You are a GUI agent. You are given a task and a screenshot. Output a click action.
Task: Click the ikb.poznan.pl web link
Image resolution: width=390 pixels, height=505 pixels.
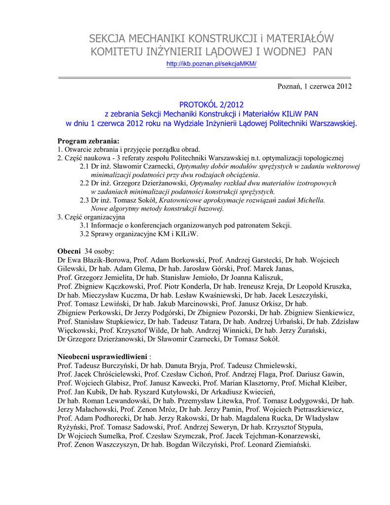tap(212, 64)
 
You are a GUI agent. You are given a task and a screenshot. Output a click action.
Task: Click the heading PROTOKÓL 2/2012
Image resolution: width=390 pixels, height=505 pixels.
tap(212, 105)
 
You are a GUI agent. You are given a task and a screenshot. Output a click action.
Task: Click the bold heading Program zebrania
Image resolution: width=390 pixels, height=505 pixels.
tap(88, 141)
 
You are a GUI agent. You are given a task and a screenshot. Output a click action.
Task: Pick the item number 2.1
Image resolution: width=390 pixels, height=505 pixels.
tap(85, 166)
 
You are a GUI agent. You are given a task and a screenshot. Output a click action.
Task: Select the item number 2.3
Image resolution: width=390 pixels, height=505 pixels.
tap(85, 200)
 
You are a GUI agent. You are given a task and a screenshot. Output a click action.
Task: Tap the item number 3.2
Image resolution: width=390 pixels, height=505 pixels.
tap(85, 234)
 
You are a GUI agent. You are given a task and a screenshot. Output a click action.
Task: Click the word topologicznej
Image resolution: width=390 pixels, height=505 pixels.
tap(319, 158)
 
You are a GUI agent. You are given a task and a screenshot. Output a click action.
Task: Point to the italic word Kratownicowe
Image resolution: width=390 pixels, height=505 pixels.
tap(180, 200)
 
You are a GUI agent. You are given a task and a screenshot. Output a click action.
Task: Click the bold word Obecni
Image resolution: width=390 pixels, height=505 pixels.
tap(69, 251)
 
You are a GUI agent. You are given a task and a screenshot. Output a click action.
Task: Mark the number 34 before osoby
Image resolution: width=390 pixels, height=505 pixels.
tap(89, 251)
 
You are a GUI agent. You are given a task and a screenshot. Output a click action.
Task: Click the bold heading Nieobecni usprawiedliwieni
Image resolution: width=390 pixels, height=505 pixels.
tap(102, 356)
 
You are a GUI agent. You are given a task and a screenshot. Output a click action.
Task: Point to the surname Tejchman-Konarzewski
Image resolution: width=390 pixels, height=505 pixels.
tap(281, 436)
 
